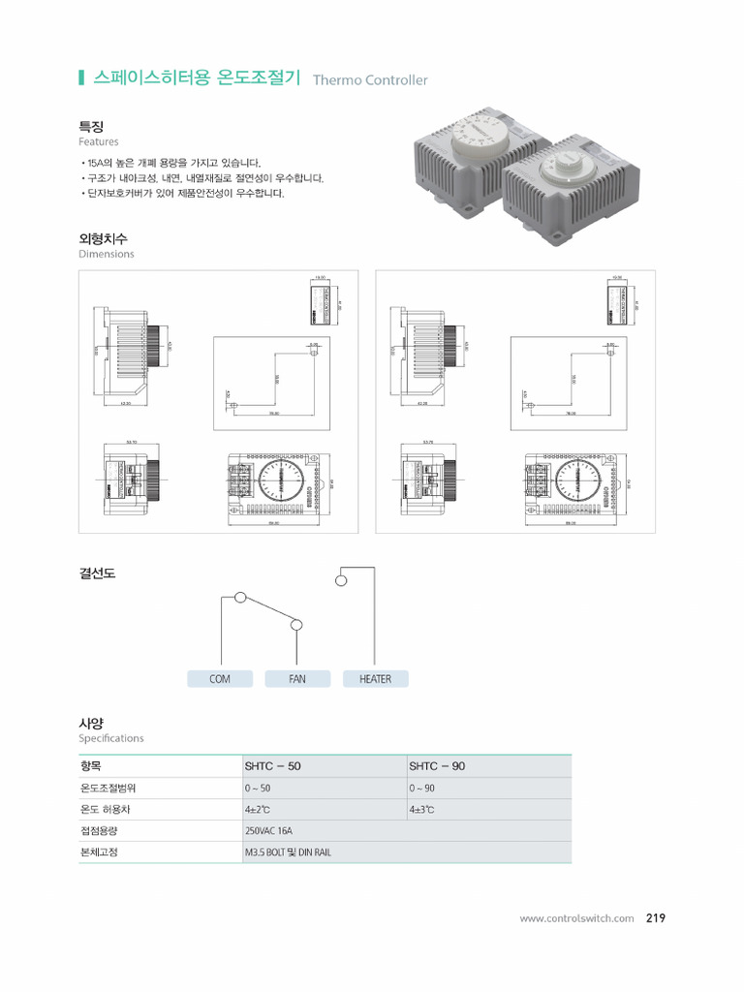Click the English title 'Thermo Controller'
(x=370, y=80)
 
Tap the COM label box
(x=220, y=679)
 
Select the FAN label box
(x=297, y=679)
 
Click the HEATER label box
(x=375, y=679)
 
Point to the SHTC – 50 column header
(x=273, y=766)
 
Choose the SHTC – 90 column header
(x=438, y=766)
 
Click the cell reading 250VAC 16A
(x=269, y=831)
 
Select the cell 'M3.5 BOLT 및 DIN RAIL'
(x=289, y=852)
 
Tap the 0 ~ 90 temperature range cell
(x=422, y=789)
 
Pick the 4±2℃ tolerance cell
(x=258, y=810)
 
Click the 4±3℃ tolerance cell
(x=422, y=810)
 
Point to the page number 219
(x=656, y=918)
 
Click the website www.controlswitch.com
(x=576, y=918)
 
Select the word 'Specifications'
(x=110, y=738)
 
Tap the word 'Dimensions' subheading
(x=107, y=254)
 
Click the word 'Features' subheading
(x=99, y=141)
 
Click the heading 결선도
(x=97, y=573)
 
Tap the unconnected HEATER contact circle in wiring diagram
(x=340, y=581)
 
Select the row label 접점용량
(x=98, y=831)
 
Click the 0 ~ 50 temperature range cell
(x=258, y=789)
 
